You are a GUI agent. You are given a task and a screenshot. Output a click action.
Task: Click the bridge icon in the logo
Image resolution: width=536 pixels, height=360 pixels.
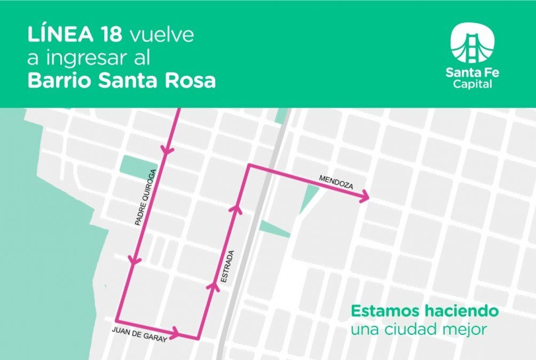click(472, 43)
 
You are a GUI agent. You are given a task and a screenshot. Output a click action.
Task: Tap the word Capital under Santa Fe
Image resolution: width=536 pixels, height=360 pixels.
click(472, 84)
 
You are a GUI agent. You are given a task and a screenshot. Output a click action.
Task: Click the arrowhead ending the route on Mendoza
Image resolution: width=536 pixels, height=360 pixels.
click(365, 198)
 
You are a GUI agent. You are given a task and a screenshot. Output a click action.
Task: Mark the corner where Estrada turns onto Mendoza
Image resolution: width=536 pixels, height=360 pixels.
click(248, 166)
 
